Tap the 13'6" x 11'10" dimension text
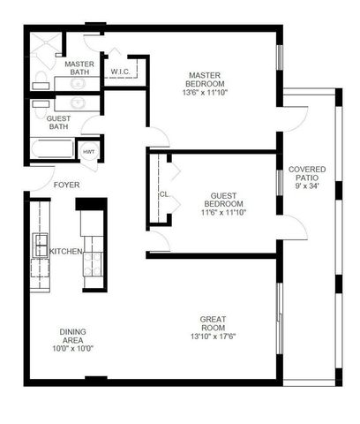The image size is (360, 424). (x=209, y=91)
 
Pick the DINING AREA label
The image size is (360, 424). (x=72, y=336)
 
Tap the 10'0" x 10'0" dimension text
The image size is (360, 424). (x=72, y=348)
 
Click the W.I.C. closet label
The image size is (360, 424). (x=121, y=72)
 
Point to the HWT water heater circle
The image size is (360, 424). (x=89, y=152)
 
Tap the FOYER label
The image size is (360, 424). (x=67, y=185)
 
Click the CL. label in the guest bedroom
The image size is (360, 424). (x=165, y=194)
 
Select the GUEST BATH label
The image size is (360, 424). (x=58, y=122)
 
